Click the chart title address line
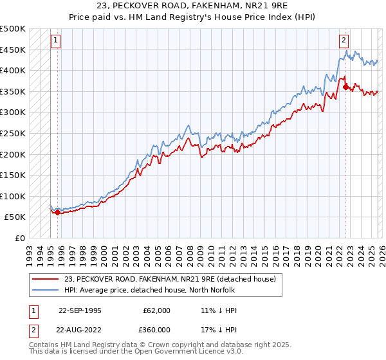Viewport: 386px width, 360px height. click(193, 6)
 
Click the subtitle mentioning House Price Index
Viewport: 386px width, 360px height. click(193, 17)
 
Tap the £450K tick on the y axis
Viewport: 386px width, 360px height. click(13, 50)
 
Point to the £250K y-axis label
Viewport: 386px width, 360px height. click(13, 133)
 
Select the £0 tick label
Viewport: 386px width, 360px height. click(20, 238)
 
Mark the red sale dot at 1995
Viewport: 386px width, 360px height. click(58, 212)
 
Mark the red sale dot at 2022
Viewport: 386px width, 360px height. click(345, 87)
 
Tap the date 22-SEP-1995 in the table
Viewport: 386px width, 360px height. click(80, 310)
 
